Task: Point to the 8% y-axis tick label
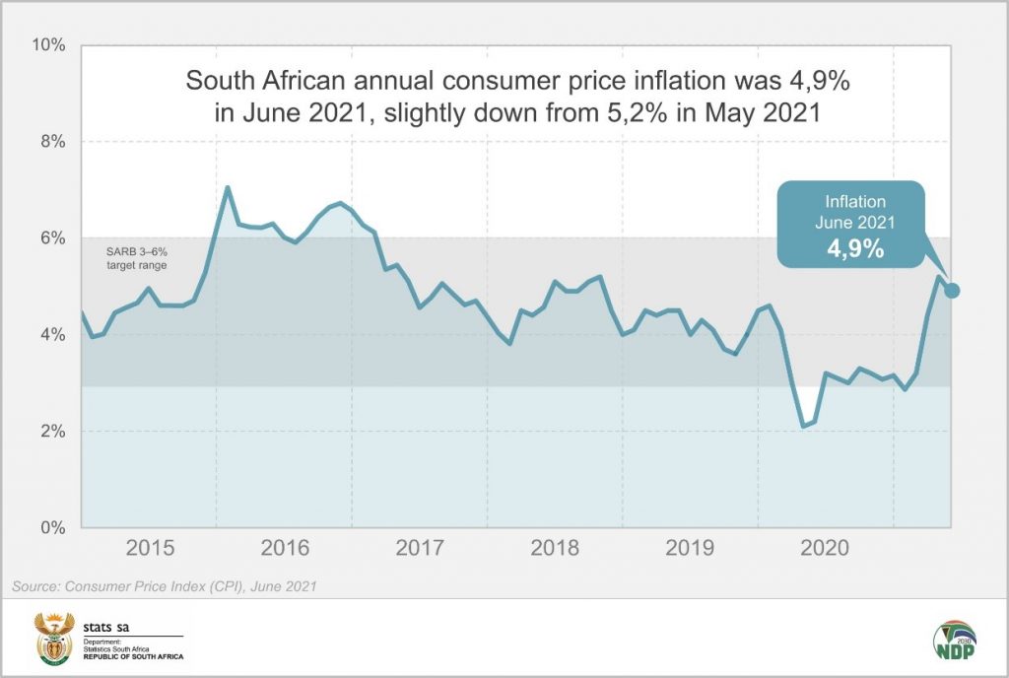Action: [x=50, y=142]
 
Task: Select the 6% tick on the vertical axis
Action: [x=50, y=238]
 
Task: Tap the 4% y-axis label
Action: [x=50, y=335]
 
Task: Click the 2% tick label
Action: [x=50, y=432]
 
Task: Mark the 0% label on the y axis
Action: [x=50, y=528]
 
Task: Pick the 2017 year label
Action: [x=422, y=549]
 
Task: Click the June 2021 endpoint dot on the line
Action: [x=952, y=290]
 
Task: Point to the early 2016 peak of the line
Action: [x=228, y=187]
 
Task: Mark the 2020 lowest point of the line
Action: [x=803, y=426]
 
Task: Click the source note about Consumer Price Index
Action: [x=163, y=587]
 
